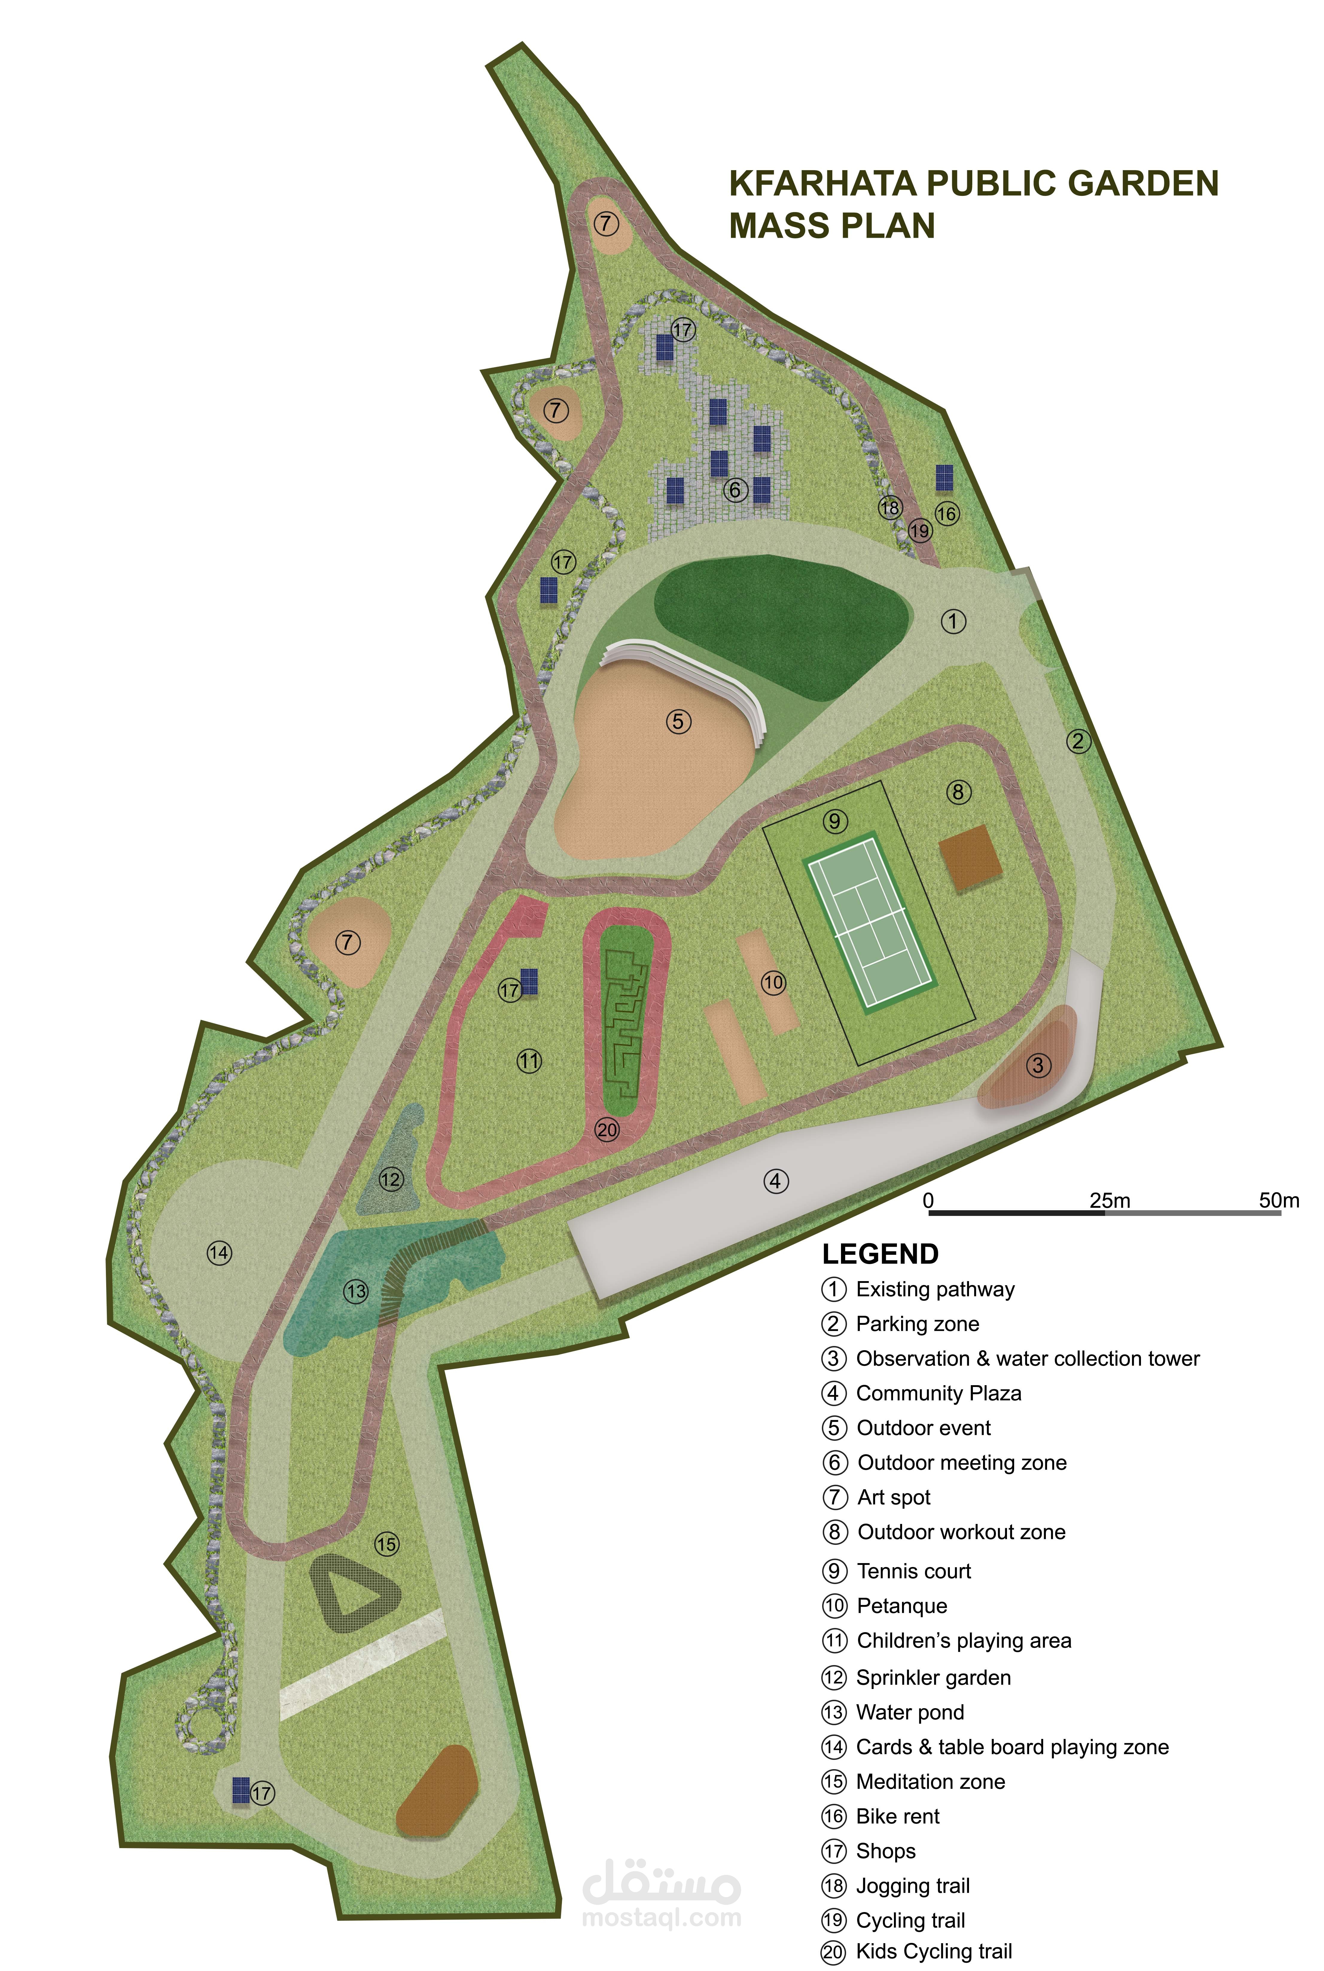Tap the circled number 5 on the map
click(678, 722)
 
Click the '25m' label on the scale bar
click(1109, 1200)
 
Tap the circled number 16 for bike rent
click(947, 513)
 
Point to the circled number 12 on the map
click(390, 1179)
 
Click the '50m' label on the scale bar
click(1279, 1200)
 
